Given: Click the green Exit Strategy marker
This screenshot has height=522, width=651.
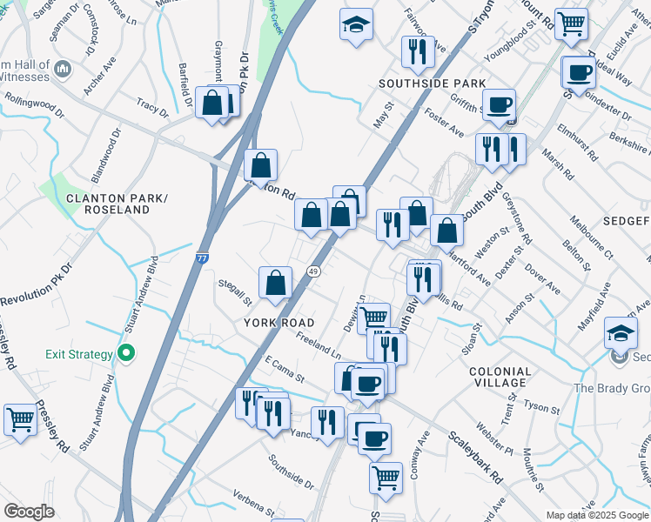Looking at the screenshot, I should (126, 354).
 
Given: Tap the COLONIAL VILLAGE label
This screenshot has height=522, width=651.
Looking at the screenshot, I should (499, 377).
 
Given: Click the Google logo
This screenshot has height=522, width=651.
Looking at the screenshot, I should (29, 512).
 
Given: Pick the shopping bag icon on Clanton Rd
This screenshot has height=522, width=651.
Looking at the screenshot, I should (260, 164).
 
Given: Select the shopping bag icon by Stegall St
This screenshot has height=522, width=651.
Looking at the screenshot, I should (275, 283).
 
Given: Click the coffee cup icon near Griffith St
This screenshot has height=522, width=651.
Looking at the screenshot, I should (499, 105).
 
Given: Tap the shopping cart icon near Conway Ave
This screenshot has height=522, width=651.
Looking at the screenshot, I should (386, 477).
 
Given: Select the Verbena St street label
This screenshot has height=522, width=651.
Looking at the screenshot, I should (253, 502).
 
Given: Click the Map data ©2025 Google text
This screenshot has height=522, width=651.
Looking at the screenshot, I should (596, 515).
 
